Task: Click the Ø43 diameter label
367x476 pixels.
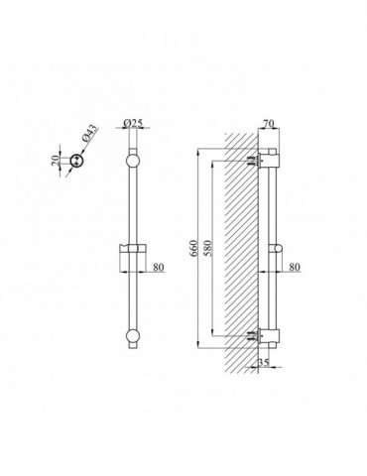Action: (89, 134)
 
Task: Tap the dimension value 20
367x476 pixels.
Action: (56, 160)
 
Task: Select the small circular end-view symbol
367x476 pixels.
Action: (77, 161)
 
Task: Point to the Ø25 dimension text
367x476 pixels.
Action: (133, 123)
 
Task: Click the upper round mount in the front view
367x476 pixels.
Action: (133, 161)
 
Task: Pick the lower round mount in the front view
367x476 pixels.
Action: (133, 336)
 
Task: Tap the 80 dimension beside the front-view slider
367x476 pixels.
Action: (159, 267)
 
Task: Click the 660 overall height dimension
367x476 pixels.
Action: (193, 249)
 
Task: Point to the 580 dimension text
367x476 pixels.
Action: (208, 249)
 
